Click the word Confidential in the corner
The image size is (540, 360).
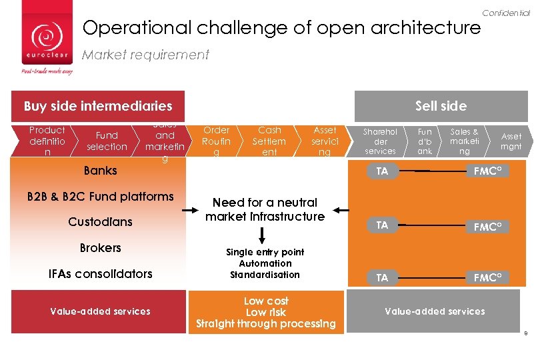[x=505, y=13]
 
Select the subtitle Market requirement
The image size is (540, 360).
[x=145, y=55]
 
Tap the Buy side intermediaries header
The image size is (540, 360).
[x=98, y=106]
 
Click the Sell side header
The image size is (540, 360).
[x=441, y=106]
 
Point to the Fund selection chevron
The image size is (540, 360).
[x=107, y=141]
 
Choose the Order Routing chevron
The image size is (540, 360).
[x=216, y=141]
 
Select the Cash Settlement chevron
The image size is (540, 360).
[x=269, y=141]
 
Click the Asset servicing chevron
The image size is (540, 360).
[x=325, y=141]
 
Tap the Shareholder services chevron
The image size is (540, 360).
[x=381, y=141]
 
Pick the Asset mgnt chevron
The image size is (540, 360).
[x=511, y=141]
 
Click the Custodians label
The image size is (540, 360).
[x=100, y=222]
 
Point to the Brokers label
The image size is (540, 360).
[x=100, y=248]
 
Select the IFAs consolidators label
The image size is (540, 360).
[x=100, y=274]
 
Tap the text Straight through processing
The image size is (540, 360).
[x=266, y=324]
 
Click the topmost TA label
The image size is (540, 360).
[x=381, y=171]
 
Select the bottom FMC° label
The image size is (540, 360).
[x=488, y=278]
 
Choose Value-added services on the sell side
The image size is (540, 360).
[x=435, y=311]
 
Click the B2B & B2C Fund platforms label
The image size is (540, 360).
[x=100, y=197]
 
